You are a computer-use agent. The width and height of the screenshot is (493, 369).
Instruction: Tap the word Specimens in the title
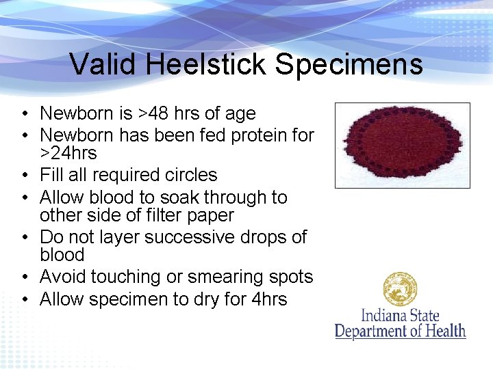(x=349, y=65)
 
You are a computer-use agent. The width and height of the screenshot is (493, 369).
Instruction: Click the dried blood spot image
(x=402, y=145)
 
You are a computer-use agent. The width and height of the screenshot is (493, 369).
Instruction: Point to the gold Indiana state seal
(x=401, y=290)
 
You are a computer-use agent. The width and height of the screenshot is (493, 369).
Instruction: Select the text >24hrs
(x=68, y=153)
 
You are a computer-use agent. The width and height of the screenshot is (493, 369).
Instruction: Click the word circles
(x=188, y=175)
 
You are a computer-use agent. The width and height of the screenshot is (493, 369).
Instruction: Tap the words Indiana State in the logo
(x=400, y=316)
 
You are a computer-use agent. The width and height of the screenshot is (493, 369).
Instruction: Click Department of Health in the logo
(x=400, y=331)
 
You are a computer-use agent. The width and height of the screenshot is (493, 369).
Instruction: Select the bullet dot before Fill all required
(x=24, y=176)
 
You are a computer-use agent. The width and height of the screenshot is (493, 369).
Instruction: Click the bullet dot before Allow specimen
(x=24, y=300)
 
